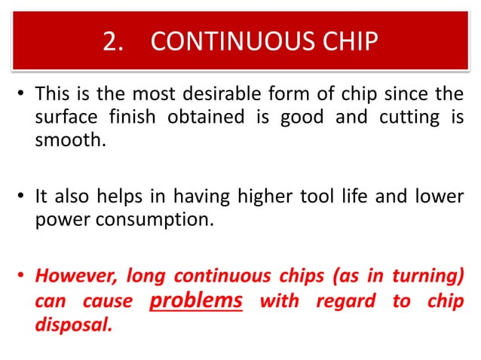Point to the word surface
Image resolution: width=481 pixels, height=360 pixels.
pos(63,117)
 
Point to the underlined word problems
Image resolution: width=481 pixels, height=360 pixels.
pos(196,301)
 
